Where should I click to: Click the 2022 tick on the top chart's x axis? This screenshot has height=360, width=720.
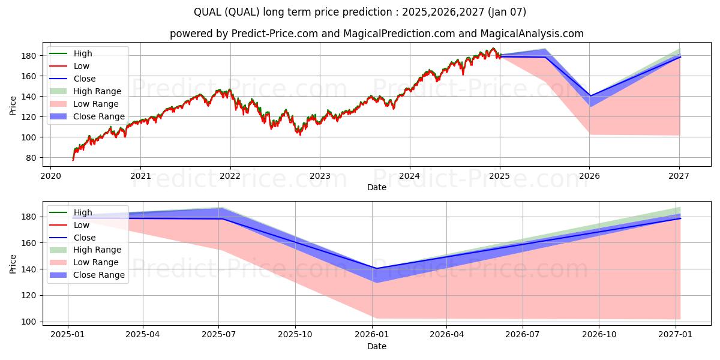tap(230, 176)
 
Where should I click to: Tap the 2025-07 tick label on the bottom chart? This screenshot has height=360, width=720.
tap(218, 335)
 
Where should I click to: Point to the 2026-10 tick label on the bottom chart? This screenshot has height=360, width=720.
tap(599, 335)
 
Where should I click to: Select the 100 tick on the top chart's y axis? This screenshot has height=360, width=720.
tap(33, 137)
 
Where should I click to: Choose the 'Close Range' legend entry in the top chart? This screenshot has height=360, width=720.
tap(98, 116)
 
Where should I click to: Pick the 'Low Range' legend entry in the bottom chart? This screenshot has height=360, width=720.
tap(96, 262)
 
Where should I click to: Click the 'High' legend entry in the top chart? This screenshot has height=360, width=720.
tap(83, 53)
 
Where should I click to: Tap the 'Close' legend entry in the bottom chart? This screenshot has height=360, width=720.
tap(84, 238)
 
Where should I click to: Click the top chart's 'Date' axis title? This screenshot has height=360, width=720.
tap(376, 187)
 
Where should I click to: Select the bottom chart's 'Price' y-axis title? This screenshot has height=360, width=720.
tap(13, 263)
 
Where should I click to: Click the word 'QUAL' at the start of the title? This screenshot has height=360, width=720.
tap(206, 12)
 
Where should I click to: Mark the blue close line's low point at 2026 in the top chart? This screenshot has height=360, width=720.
tap(589, 96)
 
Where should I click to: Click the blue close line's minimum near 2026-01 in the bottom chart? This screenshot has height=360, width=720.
tap(376, 268)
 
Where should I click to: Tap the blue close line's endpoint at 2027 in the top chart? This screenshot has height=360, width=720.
tap(680, 57)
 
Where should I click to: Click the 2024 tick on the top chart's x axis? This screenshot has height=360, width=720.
tap(410, 176)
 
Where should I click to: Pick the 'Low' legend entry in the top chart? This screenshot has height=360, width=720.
tap(82, 66)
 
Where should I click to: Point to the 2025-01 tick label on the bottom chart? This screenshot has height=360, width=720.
tap(67, 335)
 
